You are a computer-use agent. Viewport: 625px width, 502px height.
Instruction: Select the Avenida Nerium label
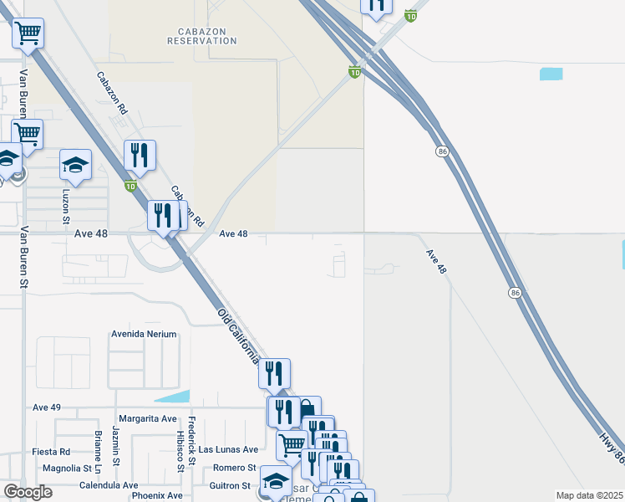point(144,334)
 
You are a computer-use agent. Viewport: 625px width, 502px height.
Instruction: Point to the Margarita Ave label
point(147,418)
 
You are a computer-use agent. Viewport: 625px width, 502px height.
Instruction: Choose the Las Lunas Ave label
point(228,449)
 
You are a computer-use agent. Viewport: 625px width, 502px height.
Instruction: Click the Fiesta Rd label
point(51,452)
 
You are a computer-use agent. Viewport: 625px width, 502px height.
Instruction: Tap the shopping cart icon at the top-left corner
point(28,33)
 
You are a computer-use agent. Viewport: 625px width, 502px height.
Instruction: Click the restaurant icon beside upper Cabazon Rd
point(140,155)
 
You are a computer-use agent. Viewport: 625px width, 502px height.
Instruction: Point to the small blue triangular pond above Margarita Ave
point(173,396)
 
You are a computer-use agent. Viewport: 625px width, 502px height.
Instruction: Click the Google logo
point(28,492)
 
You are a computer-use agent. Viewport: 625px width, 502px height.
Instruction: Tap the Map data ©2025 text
point(588,495)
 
